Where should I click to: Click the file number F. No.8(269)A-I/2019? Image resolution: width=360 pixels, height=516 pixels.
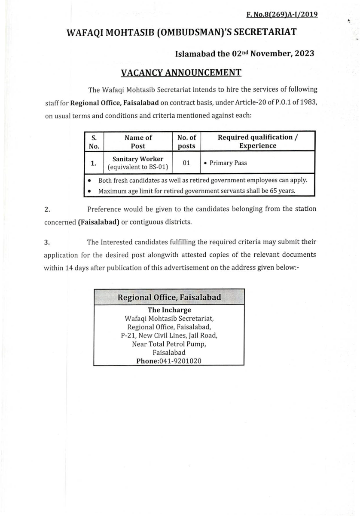(282, 15)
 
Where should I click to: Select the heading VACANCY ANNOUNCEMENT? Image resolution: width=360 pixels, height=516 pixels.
(181, 72)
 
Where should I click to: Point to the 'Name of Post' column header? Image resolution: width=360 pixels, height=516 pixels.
(138, 141)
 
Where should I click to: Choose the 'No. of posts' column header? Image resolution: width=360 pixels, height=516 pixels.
(186, 141)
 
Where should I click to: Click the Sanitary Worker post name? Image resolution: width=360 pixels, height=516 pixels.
(138, 159)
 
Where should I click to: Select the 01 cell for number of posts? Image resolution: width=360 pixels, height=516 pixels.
(186, 163)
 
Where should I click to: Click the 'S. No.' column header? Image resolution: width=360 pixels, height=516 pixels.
(94, 141)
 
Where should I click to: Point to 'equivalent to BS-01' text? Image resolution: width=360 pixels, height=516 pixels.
(138, 167)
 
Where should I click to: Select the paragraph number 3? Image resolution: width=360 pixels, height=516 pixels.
(47, 242)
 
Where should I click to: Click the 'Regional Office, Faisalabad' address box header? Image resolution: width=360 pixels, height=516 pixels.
(169, 297)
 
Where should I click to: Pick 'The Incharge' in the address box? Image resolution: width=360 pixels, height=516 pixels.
(169, 310)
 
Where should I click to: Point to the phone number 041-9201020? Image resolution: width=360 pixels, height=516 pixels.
(180, 361)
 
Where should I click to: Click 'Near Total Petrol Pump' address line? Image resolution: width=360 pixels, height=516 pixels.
(169, 344)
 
